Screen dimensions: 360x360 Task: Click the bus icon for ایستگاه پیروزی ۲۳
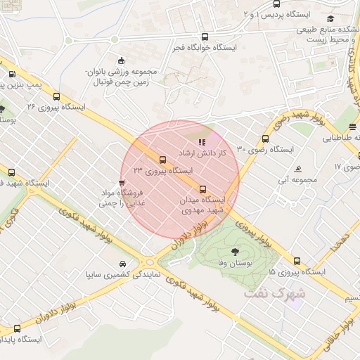tap(163, 160)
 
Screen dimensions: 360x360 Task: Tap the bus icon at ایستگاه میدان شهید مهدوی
tap(203, 189)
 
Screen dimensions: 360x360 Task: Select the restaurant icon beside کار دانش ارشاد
tap(202, 142)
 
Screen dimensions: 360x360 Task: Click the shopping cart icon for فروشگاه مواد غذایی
tap(122, 183)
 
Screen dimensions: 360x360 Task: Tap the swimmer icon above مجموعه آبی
tap(300, 169)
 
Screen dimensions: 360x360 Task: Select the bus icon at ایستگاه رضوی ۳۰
tap(265, 139)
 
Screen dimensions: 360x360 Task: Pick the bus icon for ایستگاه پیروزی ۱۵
tap(297, 261)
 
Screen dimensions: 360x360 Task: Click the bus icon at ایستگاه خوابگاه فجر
tap(205, 37)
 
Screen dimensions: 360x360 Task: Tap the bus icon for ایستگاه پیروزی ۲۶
tap(56, 97)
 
